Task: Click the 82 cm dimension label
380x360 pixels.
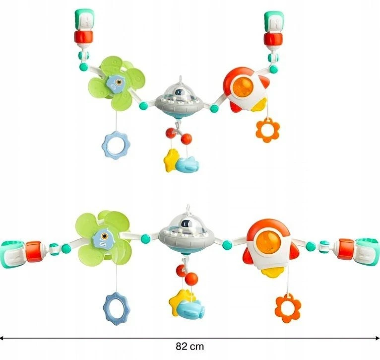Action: click(x=190, y=347)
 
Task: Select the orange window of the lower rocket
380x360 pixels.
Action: click(x=268, y=241)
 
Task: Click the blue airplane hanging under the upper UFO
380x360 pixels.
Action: click(x=188, y=164)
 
